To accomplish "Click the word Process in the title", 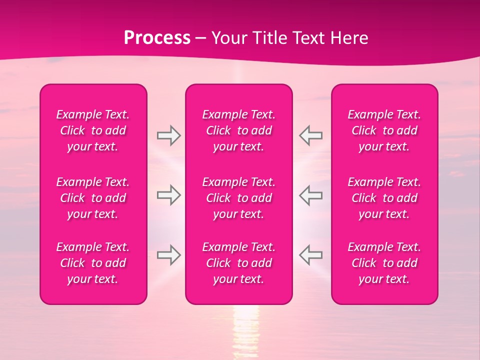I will [157, 38].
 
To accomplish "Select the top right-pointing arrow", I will [168, 135].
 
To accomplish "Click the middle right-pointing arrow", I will [168, 195].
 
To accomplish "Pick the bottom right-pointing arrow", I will [168, 255].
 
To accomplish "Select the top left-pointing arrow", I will [310, 135].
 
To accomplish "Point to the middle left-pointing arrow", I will [310, 195].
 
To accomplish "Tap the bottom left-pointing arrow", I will [310, 255].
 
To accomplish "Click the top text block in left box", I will [93, 130].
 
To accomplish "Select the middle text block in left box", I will [93, 198].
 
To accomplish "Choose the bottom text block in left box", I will [93, 263].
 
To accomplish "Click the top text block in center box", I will [239, 130].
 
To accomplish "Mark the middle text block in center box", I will [239, 198].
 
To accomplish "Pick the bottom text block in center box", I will [239, 263].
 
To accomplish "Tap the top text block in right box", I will [384, 130].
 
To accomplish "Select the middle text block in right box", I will [384, 198].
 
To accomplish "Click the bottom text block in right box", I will [384, 263].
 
